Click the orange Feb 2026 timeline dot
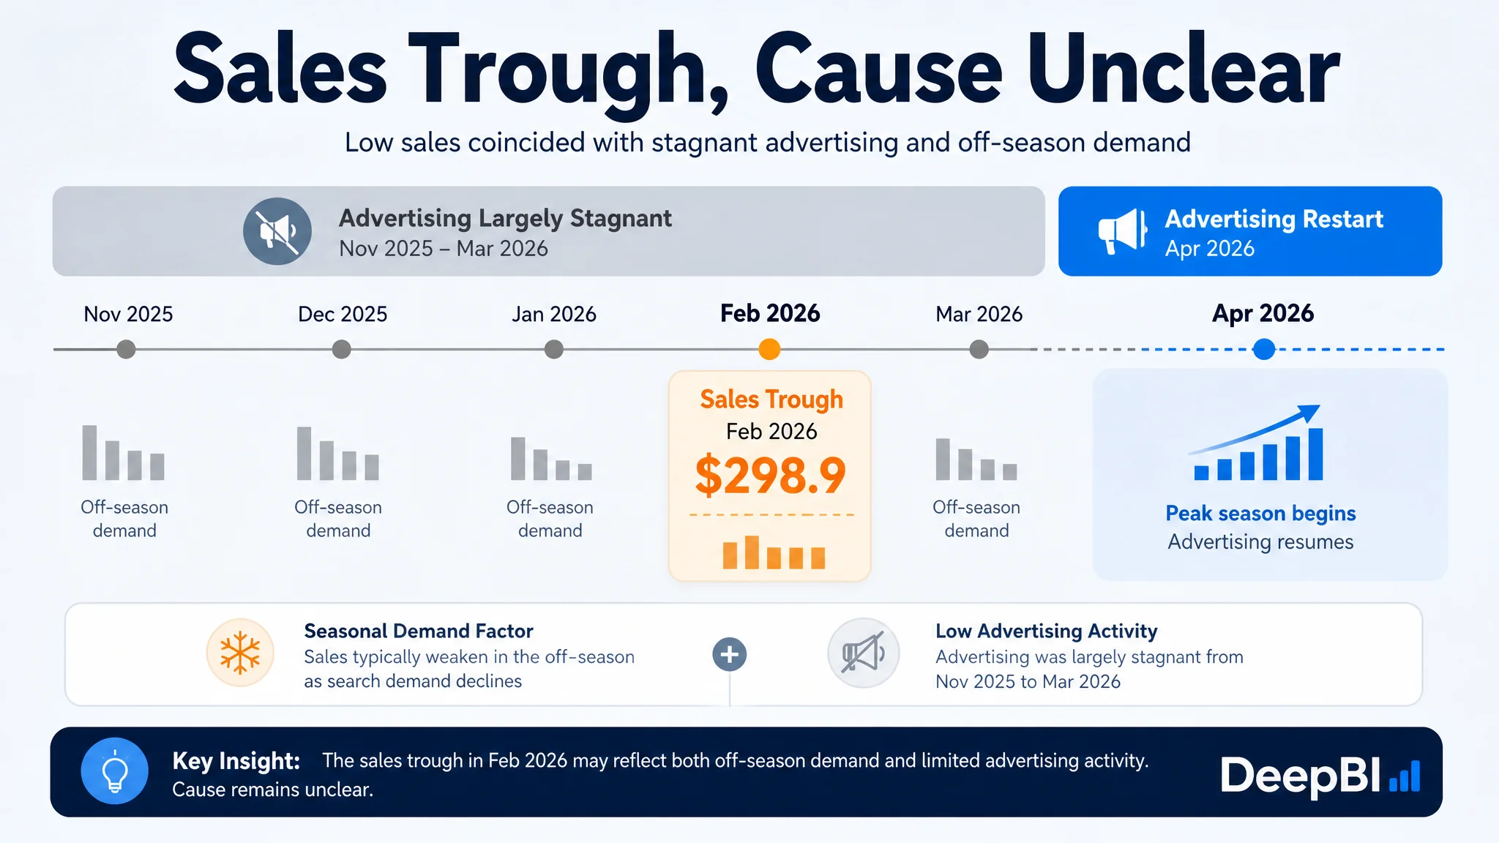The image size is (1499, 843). click(769, 349)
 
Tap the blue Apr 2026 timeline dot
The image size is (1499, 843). click(1264, 349)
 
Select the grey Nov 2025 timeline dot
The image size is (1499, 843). click(126, 349)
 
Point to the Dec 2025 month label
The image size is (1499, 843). click(343, 314)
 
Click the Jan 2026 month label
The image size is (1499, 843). click(554, 314)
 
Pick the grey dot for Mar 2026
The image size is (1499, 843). click(979, 349)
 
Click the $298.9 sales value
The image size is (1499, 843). click(771, 475)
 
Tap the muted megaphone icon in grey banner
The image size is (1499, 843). click(277, 231)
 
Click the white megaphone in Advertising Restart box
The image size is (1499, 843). click(1122, 231)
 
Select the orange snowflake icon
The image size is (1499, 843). click(240, 653)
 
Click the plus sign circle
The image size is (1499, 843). click(730, 654)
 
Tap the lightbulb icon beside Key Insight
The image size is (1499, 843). click(115, 771)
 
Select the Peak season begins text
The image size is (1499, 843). click(1260, 514)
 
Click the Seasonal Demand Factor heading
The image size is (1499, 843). click(419, 631)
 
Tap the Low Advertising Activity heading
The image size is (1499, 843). click(1047, 631)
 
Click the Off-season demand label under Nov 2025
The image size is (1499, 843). click(124, 519)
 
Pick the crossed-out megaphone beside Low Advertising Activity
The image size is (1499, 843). click(864, 653)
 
